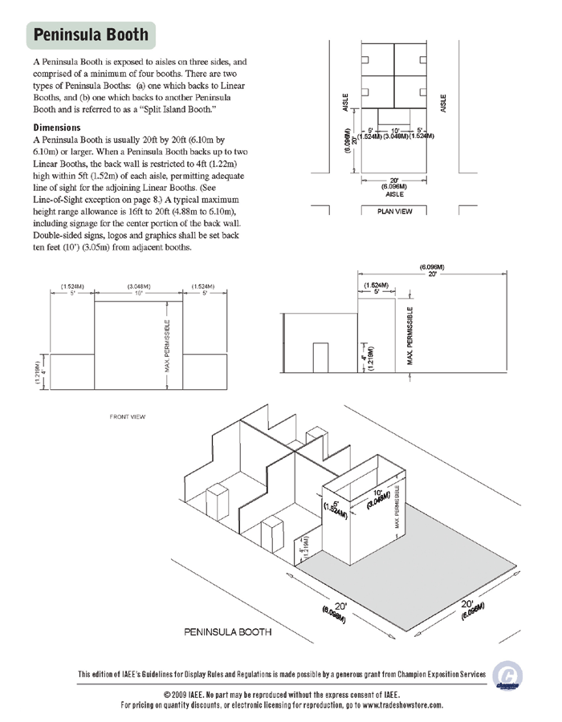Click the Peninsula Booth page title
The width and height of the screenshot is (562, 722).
click(x=91, y=34)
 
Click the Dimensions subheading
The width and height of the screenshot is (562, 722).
click(x=57, y=128)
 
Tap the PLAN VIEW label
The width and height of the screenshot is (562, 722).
click(x=393, y=211)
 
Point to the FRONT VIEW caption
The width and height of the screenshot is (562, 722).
click(x=127, y=417)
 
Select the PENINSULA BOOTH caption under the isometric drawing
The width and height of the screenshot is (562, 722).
click(x=228, y=632)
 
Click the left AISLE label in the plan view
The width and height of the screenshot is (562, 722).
click(x=345, y=103)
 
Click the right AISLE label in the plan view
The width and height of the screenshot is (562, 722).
click(x=443, y=103)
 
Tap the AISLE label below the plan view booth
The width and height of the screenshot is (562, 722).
click(x=394, y=193)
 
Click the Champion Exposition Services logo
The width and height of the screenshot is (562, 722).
click(x=506, y=675)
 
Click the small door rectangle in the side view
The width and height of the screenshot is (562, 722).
click(x=321, y=358)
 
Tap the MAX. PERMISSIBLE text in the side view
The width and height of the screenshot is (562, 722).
click(x=410, y=335)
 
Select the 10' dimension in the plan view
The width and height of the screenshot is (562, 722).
click(x=394, y=129)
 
